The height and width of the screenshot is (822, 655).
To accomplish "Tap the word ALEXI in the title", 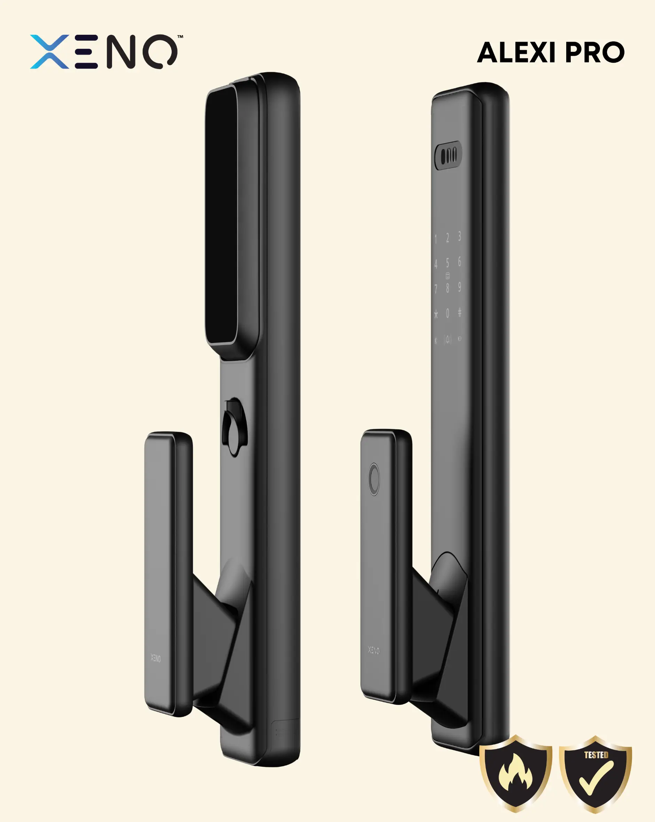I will click(x=516, y=53).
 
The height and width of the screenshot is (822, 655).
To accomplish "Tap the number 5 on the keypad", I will click(x=448, y=263).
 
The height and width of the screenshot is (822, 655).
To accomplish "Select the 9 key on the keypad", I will click(x=460, y=287).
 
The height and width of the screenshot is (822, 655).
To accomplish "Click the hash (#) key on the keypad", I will click(x=460, y=312).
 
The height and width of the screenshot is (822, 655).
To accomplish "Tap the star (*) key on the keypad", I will click(x=436, y=314).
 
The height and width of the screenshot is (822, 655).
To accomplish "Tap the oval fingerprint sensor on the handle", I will click(x=374, y=479).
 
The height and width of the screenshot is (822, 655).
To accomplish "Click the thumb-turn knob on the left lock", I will click(x=234, y=427).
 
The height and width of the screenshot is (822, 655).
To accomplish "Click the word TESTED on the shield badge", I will click(x=596, y=755).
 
